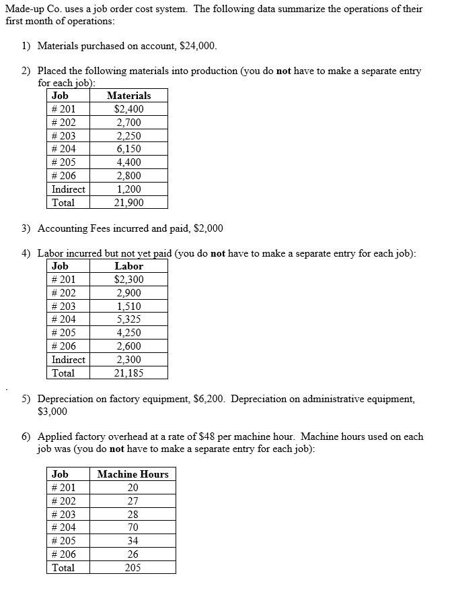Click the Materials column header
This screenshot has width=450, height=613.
click(128, 96)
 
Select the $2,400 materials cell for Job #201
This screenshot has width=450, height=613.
click(128, 109)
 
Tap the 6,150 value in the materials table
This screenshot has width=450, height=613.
click(128, 149)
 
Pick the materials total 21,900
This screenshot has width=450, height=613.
click(128, 202)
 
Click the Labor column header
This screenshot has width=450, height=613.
click(128, 266)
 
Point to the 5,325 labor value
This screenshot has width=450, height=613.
click(128, 319)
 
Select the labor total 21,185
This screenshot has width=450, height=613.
click(128, 373)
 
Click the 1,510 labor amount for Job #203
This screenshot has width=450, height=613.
click(128, 306)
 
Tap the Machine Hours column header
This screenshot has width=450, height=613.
click(133, 474)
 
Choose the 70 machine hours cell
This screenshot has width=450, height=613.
click(133, 527)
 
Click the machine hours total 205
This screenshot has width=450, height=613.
click(133, 567)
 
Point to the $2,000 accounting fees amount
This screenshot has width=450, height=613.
click(208, 228)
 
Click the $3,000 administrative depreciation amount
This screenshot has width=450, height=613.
click(52, 411)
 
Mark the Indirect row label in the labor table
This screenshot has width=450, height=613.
click(68, 360)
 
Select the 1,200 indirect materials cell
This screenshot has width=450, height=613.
click(128, 189)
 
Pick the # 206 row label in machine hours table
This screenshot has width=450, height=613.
click(64, 554)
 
